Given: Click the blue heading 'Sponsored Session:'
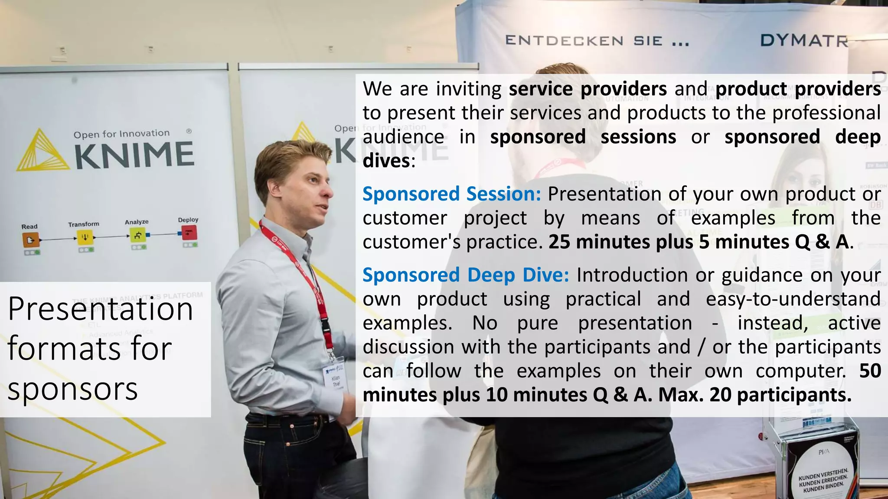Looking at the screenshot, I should pos(452,194).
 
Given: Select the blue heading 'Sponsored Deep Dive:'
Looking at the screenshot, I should pos(466,275).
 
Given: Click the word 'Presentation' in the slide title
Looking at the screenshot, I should pos(100,309).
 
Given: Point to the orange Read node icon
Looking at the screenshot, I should pos(30,239).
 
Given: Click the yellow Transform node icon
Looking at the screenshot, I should pos(85,237).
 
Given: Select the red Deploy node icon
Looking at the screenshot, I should pos(189,233).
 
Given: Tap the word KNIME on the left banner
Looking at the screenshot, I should pos(134,156).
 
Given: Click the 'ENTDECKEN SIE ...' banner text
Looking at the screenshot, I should pos(597,41).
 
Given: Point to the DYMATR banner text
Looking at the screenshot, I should pos(804,41).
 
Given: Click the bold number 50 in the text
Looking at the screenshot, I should pos(870,371).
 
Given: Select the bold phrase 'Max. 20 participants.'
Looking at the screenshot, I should pos(755,395).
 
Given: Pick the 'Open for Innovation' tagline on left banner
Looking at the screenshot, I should pos(121,134).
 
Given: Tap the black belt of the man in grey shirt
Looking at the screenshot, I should pos(277,419).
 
